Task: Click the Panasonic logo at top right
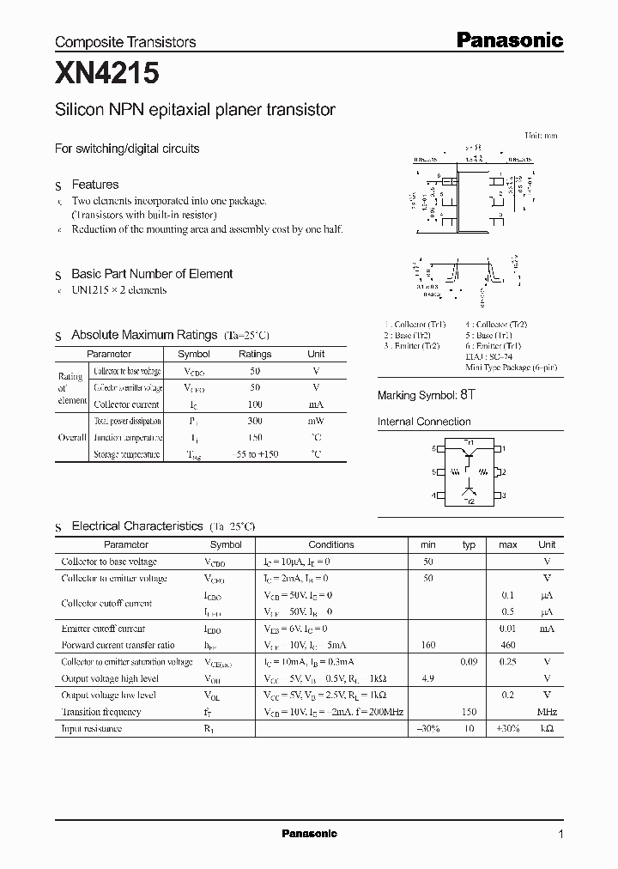(x=508, y=39)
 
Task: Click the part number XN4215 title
(x=107, y=75)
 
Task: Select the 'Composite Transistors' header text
(x=125, y=42)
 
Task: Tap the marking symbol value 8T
(x=467, y=395)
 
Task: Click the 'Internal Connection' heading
(x=424, y=422)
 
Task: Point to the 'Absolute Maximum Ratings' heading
(x=133, y=335)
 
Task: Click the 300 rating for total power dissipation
(x=255, y=422)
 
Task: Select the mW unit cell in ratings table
(x=316, y=422)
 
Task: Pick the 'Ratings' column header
(x=255, y=354)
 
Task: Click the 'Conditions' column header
(x=330, y=544)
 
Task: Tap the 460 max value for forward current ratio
(x=508, y=645)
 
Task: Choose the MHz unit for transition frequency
(x=547, y=712)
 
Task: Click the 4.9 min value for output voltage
(x=428, y=678)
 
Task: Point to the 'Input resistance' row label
(x=92, y=729)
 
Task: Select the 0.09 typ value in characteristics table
(x=469, y=662)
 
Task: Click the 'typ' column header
(x=469, y=544)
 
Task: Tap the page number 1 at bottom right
(x=561, y=834)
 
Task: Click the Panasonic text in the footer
(x=310, y=834)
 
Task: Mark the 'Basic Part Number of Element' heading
(x=152, y=274)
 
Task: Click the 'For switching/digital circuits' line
(x=127, y=149)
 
